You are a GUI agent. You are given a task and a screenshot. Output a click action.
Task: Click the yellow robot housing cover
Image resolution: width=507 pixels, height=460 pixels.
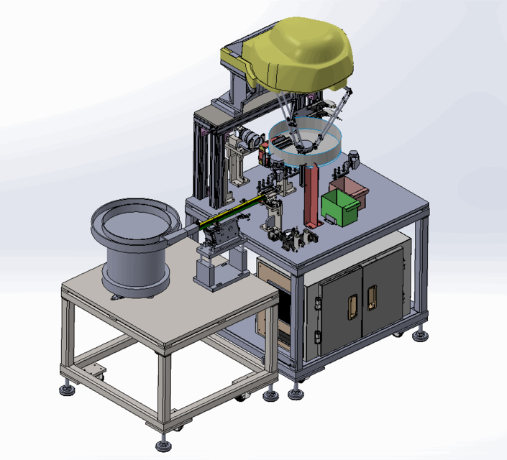coord(302,57)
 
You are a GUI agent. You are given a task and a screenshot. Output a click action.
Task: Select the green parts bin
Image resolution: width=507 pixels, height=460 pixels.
coord(339,208)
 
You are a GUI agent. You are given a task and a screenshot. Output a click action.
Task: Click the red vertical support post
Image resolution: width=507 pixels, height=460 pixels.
coord(311,194)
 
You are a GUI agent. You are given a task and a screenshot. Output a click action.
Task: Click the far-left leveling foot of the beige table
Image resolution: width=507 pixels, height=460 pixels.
coord(68,390)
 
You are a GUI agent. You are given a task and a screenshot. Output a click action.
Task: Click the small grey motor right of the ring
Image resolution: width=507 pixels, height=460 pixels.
coord(352,159)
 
